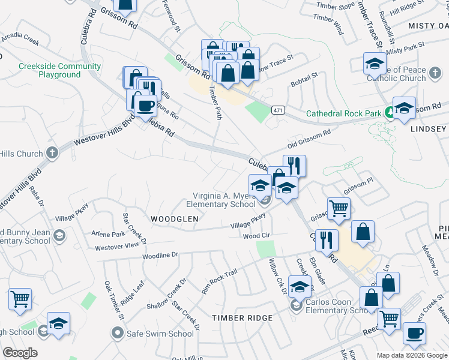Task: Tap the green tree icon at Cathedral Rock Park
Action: [x=389, y=111]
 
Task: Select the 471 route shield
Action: [x=277, y=110]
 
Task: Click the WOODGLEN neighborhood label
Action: [x=174, y=220]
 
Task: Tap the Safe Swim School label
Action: [x=160, y=334]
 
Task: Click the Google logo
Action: [x=20, y=353]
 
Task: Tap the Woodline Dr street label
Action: [x=161, y=255]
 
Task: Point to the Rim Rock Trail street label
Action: [x=220, y=281]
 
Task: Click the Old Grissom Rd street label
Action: [x=309, y=141]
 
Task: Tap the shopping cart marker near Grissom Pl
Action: [x=339, y=208]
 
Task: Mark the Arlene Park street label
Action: [x=108, y=233]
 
